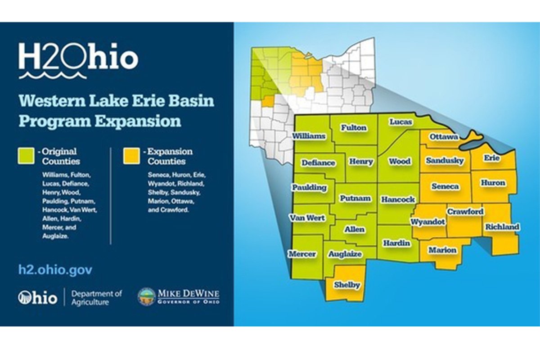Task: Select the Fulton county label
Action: tap(353, 128)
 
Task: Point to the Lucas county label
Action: tap(401, 122)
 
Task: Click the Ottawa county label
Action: tap(444, 136)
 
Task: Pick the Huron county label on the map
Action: tap(492, 183)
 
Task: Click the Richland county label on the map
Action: tap(502, 227)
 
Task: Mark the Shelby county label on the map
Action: tap(346, 285)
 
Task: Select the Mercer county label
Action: tap(303, 254)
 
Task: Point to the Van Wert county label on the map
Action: tap(307, 218)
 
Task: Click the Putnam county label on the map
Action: tap(355, 198)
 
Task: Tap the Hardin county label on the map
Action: tap(396, 243)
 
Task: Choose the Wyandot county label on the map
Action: tap(427, 222)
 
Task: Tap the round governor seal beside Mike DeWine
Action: tap(146, 297)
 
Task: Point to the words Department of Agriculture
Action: tap(96, 298)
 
